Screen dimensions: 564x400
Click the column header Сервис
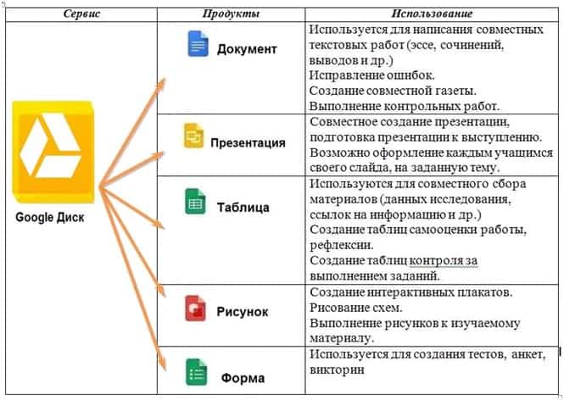click(81, 14)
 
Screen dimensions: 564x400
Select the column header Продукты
click(231, 14)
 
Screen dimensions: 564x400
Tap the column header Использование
click(432, 14)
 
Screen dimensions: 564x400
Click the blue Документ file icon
click(198, 43)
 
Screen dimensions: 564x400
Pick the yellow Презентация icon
click(194, 136)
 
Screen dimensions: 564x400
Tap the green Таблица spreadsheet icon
click(195, 201)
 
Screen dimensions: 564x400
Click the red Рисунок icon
click(195, 308)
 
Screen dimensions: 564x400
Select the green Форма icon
click(197, 372)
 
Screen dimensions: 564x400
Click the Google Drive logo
click(53, 152)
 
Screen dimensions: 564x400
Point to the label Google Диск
click(50, 218)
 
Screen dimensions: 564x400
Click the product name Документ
click(247, 49)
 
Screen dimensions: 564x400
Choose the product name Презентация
click(248, 142)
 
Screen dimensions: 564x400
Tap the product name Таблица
click(243, 208)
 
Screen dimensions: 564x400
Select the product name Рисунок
click(242, 312)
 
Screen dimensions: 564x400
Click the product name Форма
click(243, 378)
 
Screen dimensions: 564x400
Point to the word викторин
click(337, 369)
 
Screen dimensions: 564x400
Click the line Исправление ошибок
click(372, 75)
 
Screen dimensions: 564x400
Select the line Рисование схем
click(355, 308)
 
